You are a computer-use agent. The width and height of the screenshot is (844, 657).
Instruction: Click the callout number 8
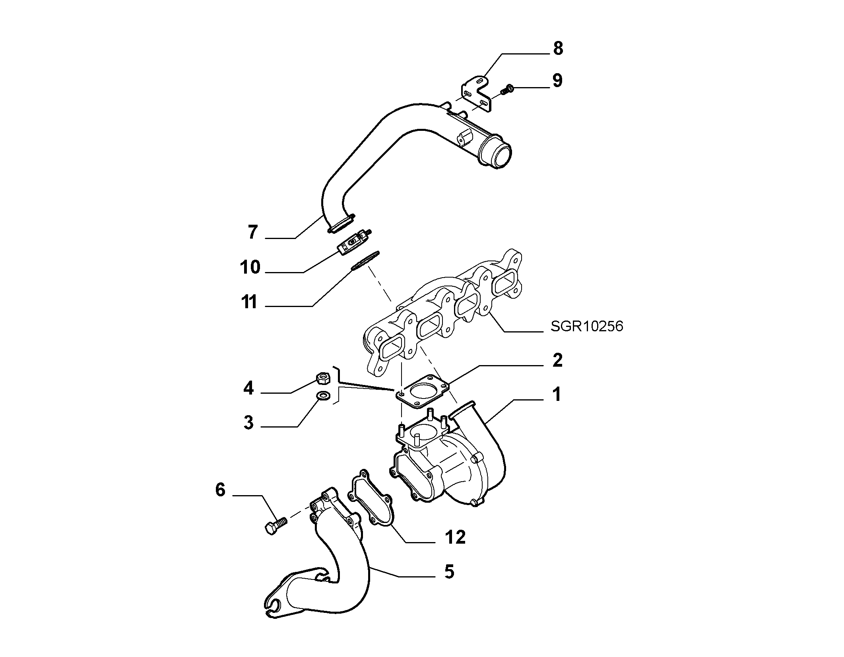(x=558, y=49)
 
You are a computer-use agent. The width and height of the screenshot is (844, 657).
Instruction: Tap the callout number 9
(x=557, y=80)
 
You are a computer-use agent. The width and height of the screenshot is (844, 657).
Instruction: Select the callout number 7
(x=253, y=232)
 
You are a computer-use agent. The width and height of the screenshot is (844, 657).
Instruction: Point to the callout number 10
(x=250, y=267)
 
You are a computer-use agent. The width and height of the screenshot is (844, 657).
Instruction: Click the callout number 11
(x=250, y=302)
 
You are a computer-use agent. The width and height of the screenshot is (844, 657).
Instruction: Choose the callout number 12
(x=455, y=538)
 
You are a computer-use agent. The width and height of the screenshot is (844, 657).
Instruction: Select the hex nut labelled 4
(x=321, y=377)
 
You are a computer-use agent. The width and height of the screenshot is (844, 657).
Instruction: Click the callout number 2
(x=557, y=360)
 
